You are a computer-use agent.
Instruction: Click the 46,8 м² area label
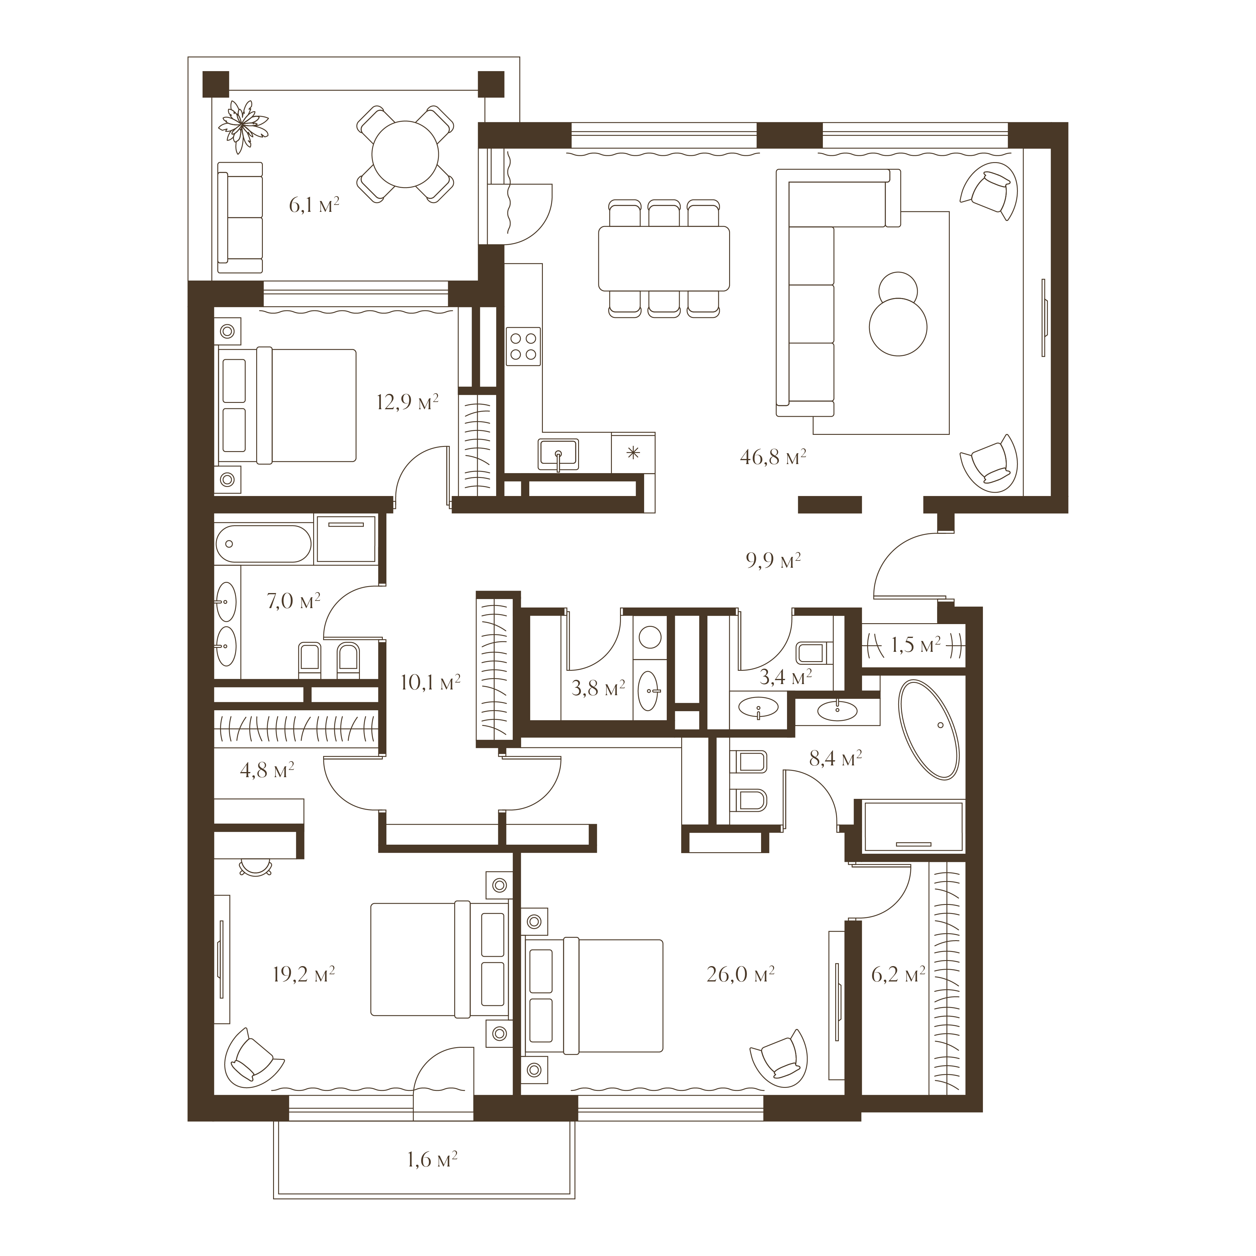tap(773, 458)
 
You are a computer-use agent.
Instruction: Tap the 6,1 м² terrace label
tap(314, 206)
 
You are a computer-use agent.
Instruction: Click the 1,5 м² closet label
tap(915, 645)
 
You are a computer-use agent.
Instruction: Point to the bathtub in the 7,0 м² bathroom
tap(263, 544)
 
